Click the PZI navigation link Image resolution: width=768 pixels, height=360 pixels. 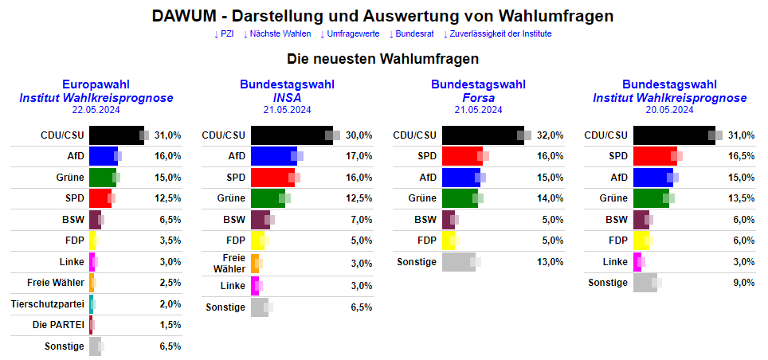224,33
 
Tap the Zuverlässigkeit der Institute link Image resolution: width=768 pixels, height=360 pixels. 497,33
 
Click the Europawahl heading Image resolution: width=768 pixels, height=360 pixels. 96,84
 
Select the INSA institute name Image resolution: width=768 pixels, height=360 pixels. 287,98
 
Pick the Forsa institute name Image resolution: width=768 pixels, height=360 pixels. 478,98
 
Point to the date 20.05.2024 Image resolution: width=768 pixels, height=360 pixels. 669,110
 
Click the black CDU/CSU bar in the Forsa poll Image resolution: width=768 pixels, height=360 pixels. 482,135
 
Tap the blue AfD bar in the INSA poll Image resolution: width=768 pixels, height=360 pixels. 273,156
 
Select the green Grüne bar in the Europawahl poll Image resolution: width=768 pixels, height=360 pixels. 102,177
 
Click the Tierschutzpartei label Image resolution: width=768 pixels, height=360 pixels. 48,303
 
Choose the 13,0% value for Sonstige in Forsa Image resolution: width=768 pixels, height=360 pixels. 551,261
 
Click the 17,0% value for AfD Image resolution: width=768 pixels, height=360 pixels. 359,156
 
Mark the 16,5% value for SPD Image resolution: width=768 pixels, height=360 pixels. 742,156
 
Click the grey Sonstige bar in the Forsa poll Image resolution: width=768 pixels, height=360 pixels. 458,261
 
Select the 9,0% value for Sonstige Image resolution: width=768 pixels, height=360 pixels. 743,282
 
